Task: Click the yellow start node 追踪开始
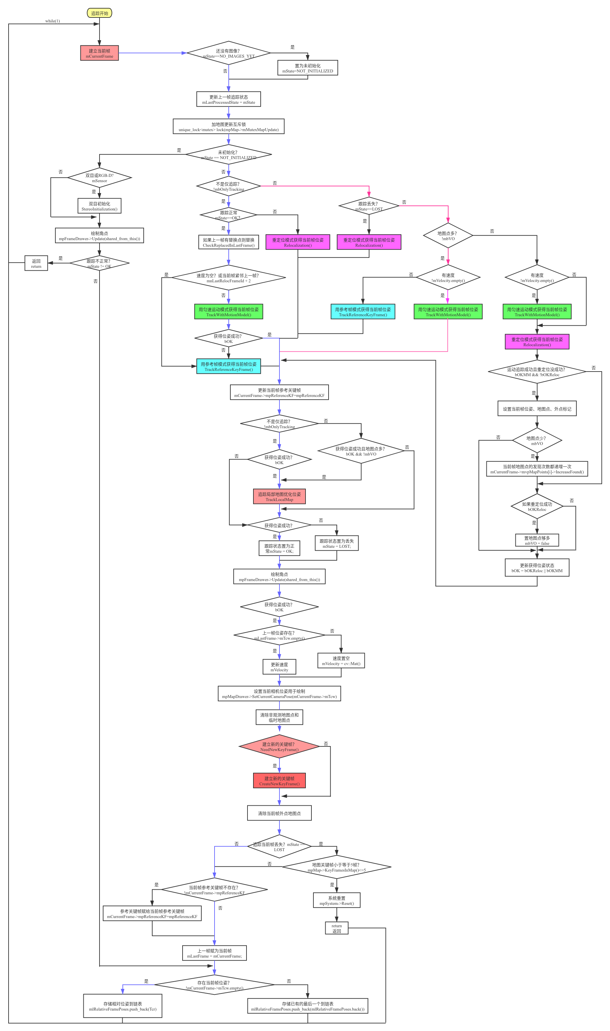point(100,13)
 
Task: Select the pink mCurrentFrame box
point(100,53)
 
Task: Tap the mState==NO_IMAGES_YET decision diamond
point(229,53)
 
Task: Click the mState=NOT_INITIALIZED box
point(307,68)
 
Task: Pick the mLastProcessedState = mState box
point(229,99)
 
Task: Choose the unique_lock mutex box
point(229,127)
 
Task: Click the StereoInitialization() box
point(100,206)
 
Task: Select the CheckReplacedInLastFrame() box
point(229,242)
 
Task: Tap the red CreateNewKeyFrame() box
point(279,781)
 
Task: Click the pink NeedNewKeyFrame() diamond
point(279,747)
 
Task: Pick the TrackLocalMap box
point(279,497)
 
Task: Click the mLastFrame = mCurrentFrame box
point(215,953)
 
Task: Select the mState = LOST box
point(337,543)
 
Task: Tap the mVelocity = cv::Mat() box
point(341,661)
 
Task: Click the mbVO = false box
point(537,541)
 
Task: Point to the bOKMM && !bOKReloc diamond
point(537,372)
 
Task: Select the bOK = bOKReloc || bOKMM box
point(537,568)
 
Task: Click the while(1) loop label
point(53,21)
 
